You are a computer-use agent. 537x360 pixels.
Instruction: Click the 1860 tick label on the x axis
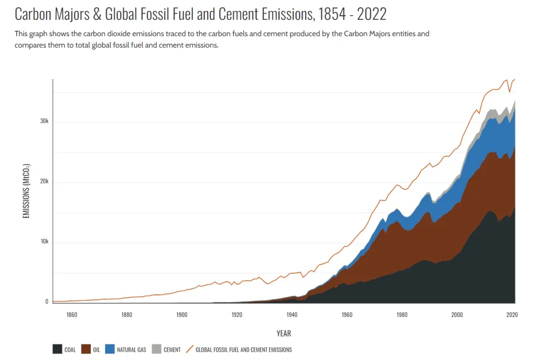pyautogui.click(x=72, y=315)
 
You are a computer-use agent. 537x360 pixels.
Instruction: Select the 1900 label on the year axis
pyautogui.click(x=181, y=315)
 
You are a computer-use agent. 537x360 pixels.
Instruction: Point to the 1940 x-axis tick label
pyautogui.click(x=292, y=315)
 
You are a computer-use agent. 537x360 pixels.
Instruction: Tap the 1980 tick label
pyautogui.click(x=402, y=315)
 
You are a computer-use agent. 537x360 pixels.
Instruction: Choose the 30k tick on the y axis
pyautogui.click(x=44, y=122)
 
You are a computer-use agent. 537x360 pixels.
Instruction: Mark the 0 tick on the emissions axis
pyautogui.click(x=47, y=302)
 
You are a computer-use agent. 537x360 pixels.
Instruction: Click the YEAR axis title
pyautogui.click(x=284, y=333)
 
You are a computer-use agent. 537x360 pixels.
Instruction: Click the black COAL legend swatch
pyautogui.click(x=57, y=350)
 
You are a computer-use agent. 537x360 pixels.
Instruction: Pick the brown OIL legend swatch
pyautogui.click(x=86, y=350)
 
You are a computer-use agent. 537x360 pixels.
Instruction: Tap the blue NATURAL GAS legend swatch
pyautogui.click(x=110, y=350)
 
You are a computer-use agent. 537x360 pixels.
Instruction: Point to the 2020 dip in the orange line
pyautogui.click(x=509, y=92)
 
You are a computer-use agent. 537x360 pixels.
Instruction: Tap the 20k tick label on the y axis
pyautogui.click(x=44, y=182)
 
